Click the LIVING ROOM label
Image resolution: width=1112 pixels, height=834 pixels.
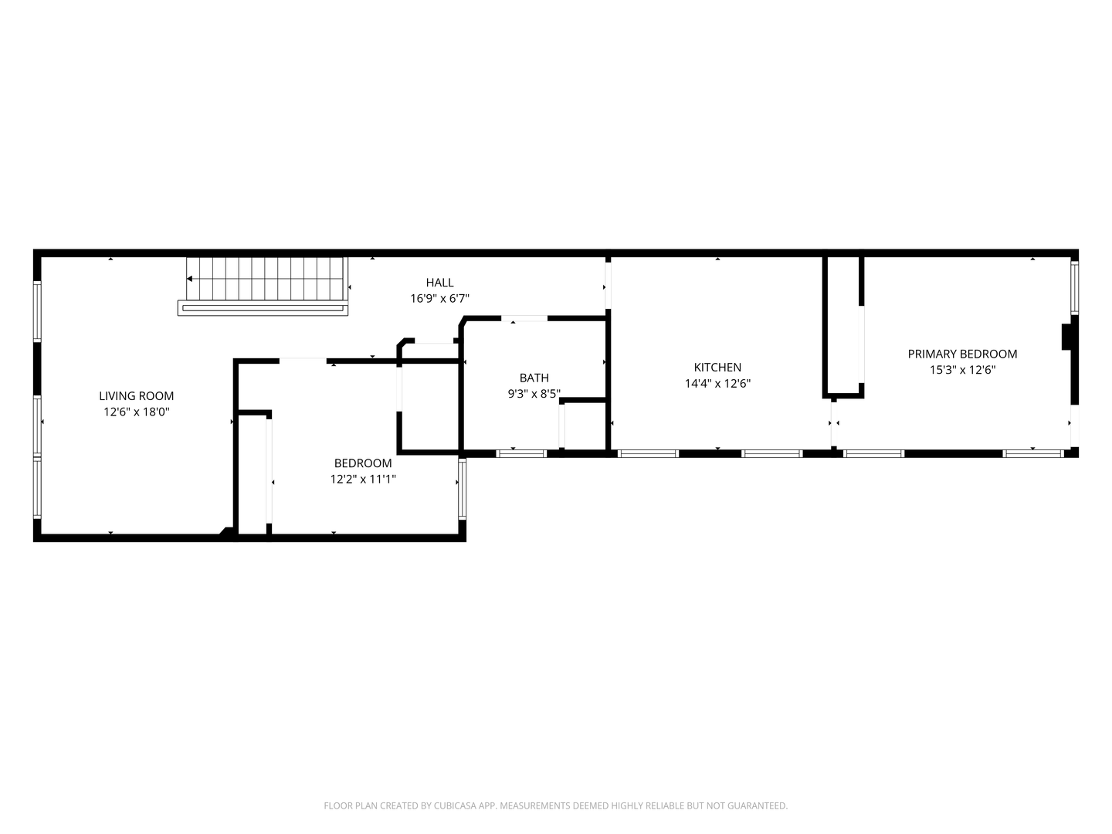(x=136, y=395)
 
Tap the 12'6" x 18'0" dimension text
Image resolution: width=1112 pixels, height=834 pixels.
(x=136, y=412)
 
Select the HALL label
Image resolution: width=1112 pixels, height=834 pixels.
(x=439, y=282)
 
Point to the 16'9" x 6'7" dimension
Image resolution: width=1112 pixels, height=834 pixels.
(x=439, y=298)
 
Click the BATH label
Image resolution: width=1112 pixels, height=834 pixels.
(x=534, y=378)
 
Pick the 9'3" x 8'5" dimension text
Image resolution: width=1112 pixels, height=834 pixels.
(x=534, y=394)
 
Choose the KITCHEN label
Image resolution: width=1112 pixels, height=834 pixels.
(x=717, y=367)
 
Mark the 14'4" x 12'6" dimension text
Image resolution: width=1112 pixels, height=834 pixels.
(x=717, y=383)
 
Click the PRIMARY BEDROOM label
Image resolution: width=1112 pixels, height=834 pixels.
(x=962, y=354)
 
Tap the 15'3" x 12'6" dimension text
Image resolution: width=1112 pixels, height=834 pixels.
(x=962, y=370)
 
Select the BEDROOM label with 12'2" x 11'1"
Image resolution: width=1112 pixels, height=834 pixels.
(x=363, y=463)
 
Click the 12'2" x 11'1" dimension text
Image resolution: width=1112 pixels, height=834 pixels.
(x=363, y=479)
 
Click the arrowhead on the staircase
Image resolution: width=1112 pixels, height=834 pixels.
(x=189, y=279)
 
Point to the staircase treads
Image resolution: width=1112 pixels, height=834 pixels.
(x=266, y=279)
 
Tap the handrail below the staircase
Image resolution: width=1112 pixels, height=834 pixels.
(x=263, y=308)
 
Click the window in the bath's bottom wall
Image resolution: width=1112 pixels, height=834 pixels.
(x=520, y=453)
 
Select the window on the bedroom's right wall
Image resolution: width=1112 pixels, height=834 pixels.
(x=462, y=488)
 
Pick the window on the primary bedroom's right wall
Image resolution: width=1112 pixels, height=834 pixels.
(x=1074, y=287)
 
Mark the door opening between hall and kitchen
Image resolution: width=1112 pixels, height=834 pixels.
(x=608, y=286)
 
